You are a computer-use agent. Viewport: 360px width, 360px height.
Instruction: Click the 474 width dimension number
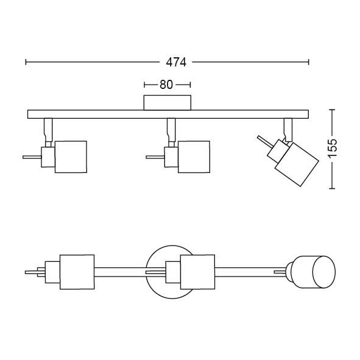[175, 62]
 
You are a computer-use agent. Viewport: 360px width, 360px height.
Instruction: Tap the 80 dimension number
[167, 85]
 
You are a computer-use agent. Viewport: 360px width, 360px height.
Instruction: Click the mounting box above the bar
[167, 102]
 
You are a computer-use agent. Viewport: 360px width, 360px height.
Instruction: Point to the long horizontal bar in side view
[168, 113]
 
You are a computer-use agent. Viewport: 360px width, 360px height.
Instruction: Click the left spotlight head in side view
[70, 157]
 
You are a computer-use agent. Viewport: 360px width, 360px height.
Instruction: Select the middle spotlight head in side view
[194, 157]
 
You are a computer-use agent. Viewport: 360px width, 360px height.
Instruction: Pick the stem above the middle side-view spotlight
[171, 129]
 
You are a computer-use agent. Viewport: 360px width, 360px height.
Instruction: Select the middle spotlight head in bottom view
[198, 271]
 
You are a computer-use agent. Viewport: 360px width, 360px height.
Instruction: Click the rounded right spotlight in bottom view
[314, 271]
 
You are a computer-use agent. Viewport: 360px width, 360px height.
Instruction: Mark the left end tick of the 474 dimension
[26, 62]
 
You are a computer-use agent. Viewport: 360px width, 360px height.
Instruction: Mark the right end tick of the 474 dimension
[309, 62]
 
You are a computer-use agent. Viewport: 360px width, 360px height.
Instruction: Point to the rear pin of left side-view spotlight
[30, 157]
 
